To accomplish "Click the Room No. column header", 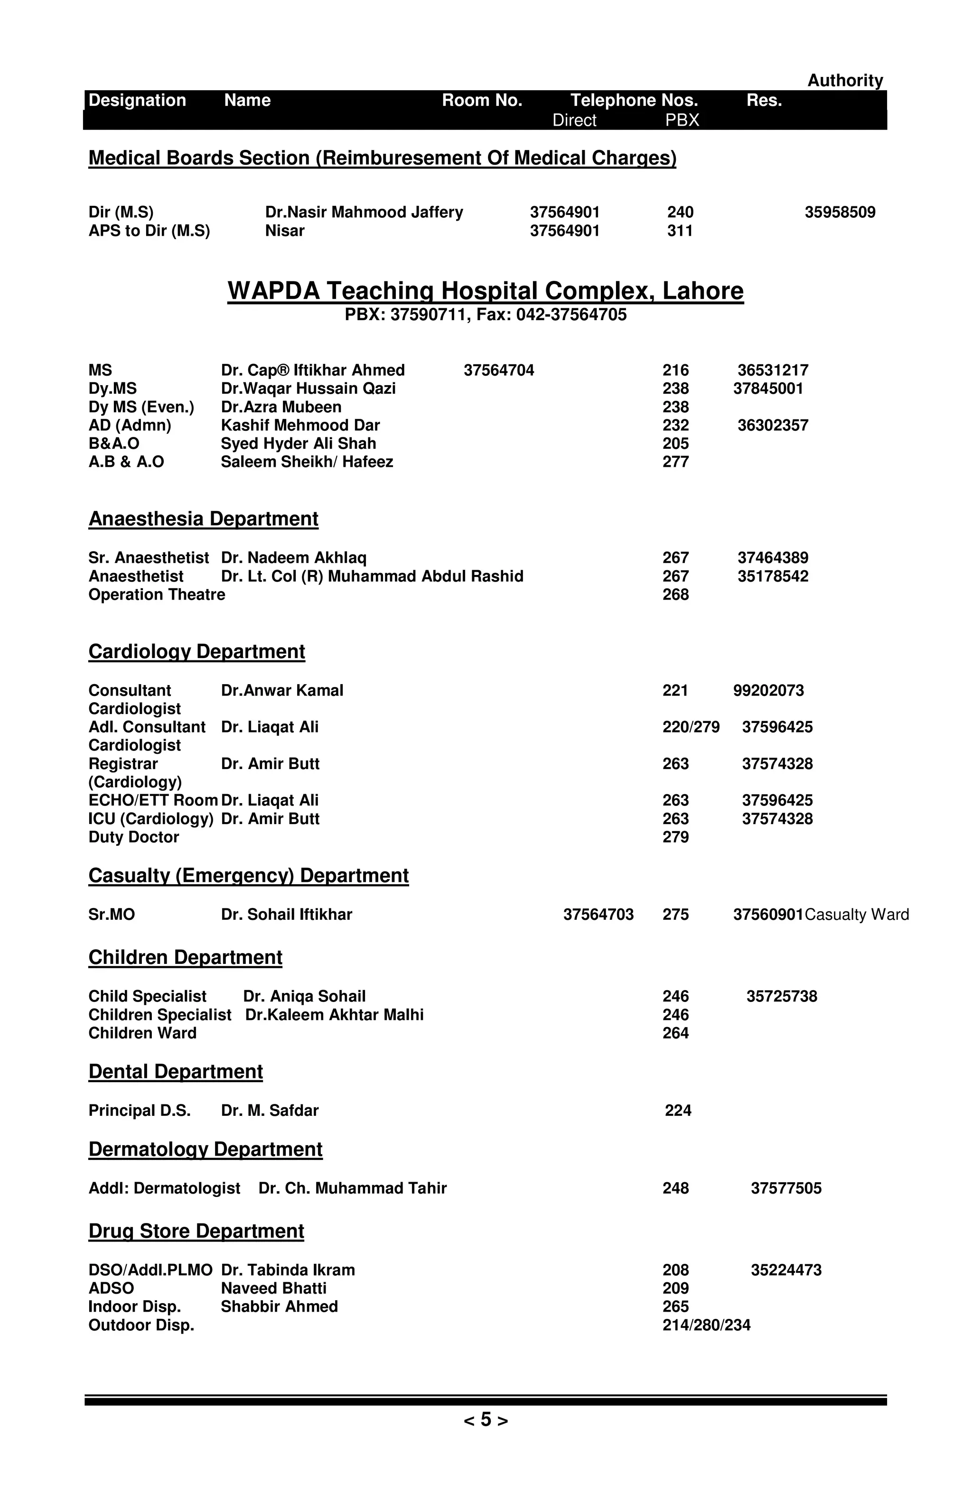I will (482, 100).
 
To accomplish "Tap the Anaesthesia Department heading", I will (203, 519).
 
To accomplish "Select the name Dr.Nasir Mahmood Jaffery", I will (364, 213).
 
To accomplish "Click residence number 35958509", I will (840, 213).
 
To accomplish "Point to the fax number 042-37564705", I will (571, 315).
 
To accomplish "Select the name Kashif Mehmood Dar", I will (300, 426).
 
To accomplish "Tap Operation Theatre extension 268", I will (675, 595).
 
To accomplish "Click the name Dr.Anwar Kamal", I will (282, 691).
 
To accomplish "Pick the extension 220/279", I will (691, 727).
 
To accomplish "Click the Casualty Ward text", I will (857, 915).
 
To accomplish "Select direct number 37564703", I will (598, 915).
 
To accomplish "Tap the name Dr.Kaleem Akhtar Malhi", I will (334, 1015).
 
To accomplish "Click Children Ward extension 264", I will (675, 1033).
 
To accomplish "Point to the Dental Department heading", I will (175, 1072).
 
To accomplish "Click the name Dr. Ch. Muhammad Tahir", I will (353, 1189).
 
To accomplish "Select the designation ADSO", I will (111, 1288).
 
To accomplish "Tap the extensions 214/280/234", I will (706, 1325).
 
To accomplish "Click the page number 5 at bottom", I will (486, 1420).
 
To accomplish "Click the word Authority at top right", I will (845, 81).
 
